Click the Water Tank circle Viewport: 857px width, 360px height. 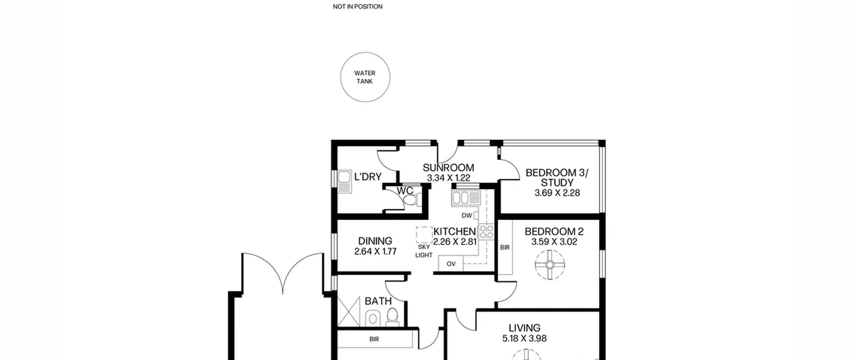click(x=365, y=53)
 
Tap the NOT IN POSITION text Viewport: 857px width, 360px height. click(x=358, y=6)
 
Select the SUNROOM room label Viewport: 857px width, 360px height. click(x=448, y=167)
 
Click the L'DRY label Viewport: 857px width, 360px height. click(x=368, y=176)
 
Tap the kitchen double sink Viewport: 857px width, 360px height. click(x=466, y=198)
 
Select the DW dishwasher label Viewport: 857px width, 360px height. click(x=467, y=216)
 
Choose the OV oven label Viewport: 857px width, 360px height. click(x=451, y=264)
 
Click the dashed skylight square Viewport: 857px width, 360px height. click(x=424, y=235)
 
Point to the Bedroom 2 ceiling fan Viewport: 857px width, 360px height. click(x=550, y=265)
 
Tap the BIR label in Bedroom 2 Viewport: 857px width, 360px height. click(x=505, y=247)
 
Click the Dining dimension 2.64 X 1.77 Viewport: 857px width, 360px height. click(x=375, y=251)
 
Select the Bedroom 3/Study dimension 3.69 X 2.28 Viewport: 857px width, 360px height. click(x=557, y=193)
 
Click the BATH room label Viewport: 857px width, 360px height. click(x=378, y=301)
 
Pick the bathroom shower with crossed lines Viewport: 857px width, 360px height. click(x=348, y=311)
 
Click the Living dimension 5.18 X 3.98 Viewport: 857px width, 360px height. click(x=524, y=338)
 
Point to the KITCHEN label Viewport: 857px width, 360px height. click(x=454, y=231)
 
